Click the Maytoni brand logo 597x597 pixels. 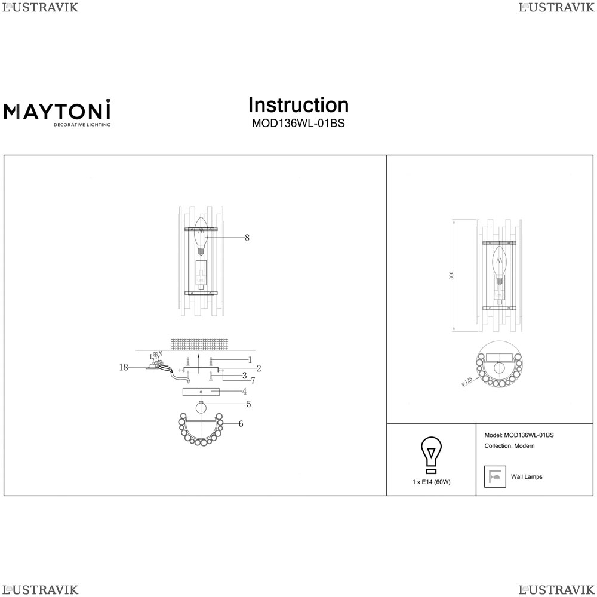coord(57,112)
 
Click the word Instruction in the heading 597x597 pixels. coord(298,105)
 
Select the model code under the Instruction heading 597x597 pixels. coord(298,124)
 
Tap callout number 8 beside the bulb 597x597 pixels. coord(247,238)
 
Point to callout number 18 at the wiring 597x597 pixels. coord(124,367)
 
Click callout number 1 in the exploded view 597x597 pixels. coord(250,360)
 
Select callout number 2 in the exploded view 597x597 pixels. coord(259,368)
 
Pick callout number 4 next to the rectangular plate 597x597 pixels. coord(244,392)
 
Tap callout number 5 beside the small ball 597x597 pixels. coord(248,404)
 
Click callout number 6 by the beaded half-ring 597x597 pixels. coord(241,424)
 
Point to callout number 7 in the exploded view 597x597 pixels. coord(253,380)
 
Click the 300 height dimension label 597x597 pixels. coord(451,276)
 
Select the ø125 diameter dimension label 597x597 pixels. coord(467,381)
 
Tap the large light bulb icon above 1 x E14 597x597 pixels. coord(431,454)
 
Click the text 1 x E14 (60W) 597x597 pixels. coord(432,482)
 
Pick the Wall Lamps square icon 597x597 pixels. coord(495,476)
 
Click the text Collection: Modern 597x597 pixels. coord(509,446)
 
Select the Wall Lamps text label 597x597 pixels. coord(527,476)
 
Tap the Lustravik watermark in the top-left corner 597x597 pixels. coord(41,7)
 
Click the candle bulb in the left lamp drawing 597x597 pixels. coord(201,236)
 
